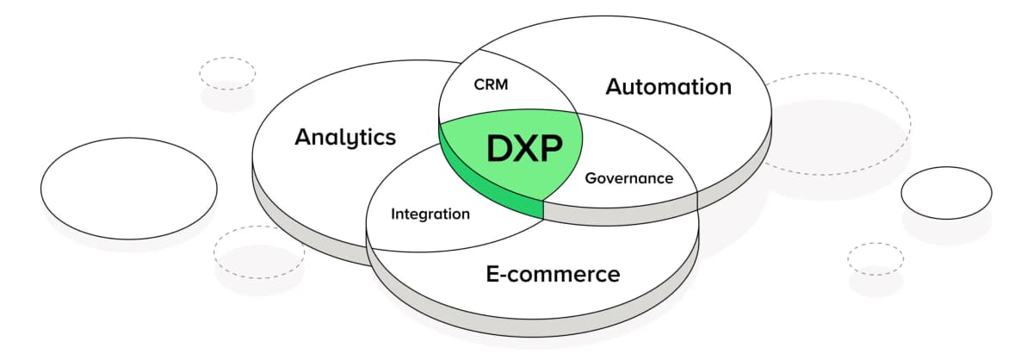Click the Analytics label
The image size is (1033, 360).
point(345,138)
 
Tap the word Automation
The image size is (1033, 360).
point(668,87)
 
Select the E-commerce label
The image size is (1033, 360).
point(553,275)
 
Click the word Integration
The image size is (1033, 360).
point(430,214)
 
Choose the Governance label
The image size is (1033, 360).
point(628,178)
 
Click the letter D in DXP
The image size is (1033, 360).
point(501,149)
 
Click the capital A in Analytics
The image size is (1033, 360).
point(302,137)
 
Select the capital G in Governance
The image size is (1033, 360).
point(591,178)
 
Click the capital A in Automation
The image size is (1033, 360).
point(614,87)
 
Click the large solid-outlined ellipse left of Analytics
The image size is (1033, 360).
point(129,187)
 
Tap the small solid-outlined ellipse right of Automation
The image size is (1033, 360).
point(946,192)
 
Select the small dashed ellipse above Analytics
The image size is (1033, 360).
point(227,72)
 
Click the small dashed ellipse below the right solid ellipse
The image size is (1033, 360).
point(875,258)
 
